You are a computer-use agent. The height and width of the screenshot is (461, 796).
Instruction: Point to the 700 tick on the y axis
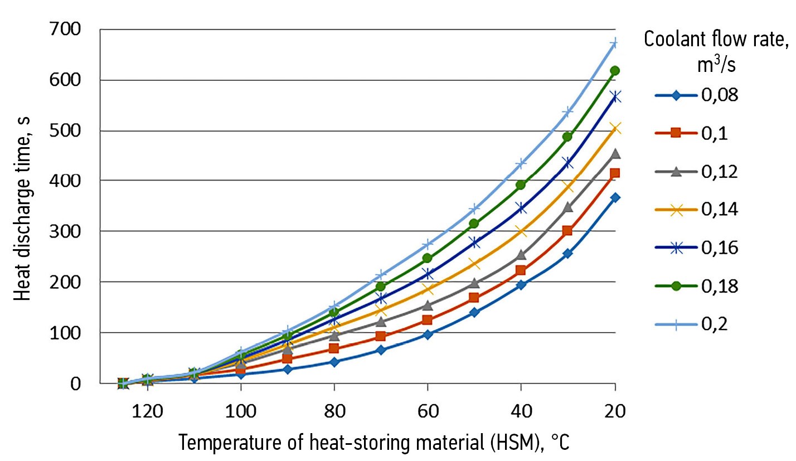(66, 29)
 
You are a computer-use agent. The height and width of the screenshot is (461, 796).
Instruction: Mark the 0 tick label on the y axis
(76, 384)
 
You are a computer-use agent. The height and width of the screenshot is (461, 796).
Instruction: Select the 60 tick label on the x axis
(427, 413)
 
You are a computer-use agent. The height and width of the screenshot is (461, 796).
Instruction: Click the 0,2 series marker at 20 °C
(614, 43)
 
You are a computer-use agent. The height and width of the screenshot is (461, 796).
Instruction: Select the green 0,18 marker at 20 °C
(615, 71)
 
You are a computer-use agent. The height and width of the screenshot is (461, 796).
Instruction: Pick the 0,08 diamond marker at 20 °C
(615, 198)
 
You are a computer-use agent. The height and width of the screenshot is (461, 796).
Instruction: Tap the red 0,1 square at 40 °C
(521, 270)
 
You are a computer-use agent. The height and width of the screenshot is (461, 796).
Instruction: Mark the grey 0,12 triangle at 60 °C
(427, 305)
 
